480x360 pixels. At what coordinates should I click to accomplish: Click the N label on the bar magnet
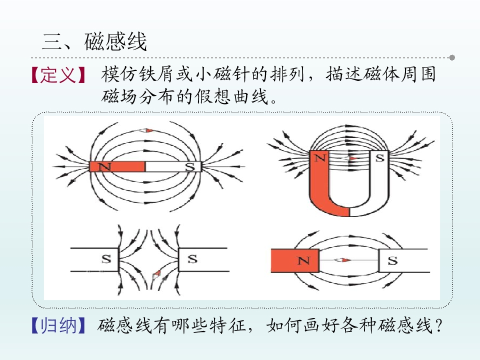coord(104,167)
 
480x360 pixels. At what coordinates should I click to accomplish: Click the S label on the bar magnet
coord(190,167)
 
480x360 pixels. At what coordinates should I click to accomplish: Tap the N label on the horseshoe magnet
coord(320,158)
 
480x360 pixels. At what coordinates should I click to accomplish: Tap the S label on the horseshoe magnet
coord(379,158)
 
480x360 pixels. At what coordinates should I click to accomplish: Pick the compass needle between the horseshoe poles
coord(350,158)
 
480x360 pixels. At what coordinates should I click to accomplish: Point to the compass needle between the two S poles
coord(156,274)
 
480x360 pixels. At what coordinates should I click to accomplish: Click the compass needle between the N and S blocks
coord(342,260)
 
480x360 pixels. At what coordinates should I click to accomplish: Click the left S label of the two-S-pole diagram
coord(106,259)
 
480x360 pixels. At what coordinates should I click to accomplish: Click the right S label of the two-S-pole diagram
coord(192,259)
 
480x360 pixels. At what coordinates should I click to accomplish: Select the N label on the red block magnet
coord(303,261)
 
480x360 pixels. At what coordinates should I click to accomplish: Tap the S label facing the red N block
coord(392,261)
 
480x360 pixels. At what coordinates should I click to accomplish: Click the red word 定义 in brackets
coord(58,75)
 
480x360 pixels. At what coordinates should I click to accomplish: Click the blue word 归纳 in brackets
coord(58,325)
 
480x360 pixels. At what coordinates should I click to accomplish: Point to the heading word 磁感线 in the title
coord(115,41)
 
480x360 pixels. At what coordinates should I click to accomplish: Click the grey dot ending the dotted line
coord(452,57)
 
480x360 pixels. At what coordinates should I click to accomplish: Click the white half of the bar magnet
coord(173,166)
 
